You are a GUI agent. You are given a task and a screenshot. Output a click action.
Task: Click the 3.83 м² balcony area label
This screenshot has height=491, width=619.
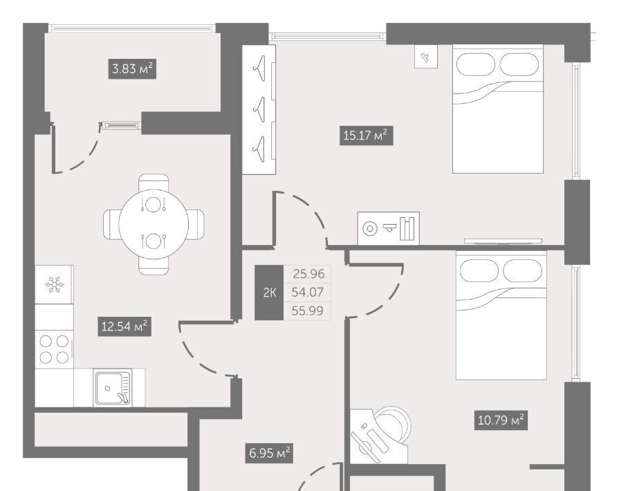tap(132, 69)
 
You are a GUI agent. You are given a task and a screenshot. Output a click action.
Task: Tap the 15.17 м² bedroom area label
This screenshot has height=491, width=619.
tap(366, 136)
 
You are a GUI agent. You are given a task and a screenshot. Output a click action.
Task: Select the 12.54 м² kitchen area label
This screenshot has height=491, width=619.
tap(124, 326)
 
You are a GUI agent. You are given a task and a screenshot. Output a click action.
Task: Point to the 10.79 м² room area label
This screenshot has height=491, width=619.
tap(501, 420)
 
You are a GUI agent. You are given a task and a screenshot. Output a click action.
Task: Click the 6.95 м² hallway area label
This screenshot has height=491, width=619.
tap(270, 453)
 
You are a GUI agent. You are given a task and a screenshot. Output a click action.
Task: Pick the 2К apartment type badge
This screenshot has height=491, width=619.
tap(269, 293)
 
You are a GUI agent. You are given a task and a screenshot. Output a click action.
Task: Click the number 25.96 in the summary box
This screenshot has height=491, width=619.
tap(308, 274)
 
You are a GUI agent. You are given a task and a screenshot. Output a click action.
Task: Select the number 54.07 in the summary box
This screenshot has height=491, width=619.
tap(308, 292)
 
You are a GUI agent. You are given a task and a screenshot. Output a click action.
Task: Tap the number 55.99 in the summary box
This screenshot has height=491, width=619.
tap(308, 311)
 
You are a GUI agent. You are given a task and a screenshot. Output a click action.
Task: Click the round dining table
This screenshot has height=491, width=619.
tap(154, 224)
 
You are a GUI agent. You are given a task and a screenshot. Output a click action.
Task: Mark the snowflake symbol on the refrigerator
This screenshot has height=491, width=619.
tap(55, 284)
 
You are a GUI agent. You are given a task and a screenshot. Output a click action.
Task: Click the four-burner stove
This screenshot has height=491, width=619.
tap(54, 349)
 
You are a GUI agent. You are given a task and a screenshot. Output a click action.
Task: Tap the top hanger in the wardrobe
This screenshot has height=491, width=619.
tap(259, 68)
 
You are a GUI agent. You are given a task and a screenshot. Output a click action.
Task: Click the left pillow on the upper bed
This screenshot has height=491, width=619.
tap(476, 64)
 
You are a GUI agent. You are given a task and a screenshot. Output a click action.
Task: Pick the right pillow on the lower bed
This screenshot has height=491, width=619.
tap(523, 270)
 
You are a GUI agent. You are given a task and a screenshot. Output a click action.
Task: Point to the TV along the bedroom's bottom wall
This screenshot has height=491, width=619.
tap(503, 241)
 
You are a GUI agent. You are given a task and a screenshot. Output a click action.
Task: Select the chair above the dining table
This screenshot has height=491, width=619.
tap(154, 183)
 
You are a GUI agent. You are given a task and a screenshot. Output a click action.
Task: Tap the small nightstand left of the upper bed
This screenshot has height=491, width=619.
tap(426, 57)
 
